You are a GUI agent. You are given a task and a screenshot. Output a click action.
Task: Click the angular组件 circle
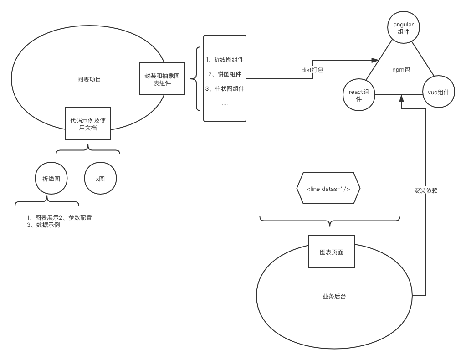[403, 27]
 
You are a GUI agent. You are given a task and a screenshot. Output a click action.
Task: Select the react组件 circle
[358, 95]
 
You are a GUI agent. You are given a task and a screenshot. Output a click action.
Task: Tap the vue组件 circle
[438, 92]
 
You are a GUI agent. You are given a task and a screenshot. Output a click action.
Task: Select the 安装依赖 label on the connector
[425, 190]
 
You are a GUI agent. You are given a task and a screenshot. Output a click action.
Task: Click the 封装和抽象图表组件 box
[162, 79]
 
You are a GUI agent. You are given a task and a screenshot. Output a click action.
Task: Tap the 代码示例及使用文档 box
[88, 124]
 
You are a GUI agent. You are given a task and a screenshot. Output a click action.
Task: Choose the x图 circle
[100, 179]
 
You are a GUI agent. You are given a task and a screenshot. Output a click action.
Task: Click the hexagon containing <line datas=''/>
[328, 188]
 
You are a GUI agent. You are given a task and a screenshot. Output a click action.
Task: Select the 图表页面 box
[331, 252]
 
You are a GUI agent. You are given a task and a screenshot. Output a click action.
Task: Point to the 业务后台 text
[334, 297]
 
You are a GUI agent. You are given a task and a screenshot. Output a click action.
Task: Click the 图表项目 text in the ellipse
[89, 80]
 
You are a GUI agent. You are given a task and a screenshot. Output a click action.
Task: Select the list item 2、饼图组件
[225, 74]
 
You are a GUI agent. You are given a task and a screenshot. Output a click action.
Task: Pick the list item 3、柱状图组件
[225, 89]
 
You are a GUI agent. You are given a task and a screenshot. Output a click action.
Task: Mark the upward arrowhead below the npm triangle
[401, 98]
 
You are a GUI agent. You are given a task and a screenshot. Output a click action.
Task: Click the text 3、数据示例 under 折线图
[43, 225]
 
